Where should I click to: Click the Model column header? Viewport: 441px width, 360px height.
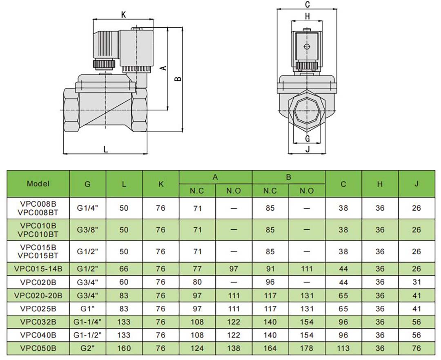[38, 183]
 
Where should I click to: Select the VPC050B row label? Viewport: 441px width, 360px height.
[38, 348]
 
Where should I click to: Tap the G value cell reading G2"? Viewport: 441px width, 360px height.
[87, 348]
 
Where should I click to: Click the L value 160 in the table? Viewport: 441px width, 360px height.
[124, 348]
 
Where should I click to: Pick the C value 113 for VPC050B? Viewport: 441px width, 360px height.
[343, 348]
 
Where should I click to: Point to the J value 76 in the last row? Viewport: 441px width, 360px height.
[416, 348]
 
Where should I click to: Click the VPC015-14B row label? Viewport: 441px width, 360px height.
[38, 269]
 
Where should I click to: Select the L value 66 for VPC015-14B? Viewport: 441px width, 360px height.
[124, 269]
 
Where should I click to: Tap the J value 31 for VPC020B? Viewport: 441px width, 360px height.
[416, 282]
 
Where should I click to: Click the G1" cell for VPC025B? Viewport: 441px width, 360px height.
[87, 309]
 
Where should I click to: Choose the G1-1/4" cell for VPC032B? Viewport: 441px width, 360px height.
[87, 322]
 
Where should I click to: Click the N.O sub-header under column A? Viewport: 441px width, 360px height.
[234, 191]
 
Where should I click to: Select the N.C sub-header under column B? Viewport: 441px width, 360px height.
[270, 191]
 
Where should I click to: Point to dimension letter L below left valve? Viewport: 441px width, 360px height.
[105, 149]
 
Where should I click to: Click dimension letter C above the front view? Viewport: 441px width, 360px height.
[307, 5]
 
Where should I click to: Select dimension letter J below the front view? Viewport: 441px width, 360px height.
[307, 149]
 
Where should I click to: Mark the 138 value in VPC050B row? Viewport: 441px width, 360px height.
[234, 348]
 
